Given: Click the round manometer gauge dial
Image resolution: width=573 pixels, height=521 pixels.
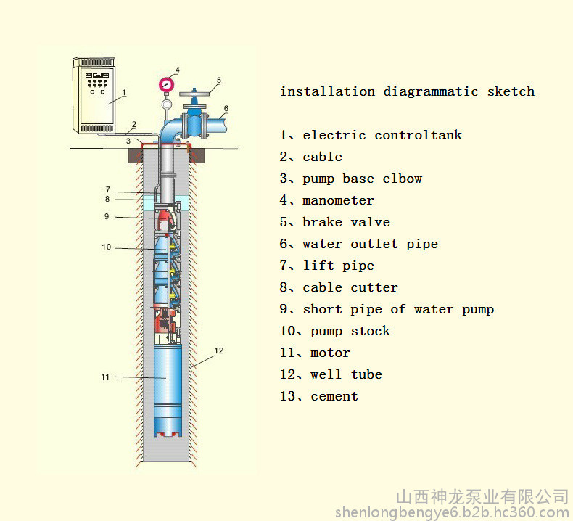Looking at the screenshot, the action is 166,85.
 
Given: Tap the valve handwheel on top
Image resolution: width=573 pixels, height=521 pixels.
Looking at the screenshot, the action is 194,93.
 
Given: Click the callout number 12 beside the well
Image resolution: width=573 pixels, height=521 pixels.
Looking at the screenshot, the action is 218,350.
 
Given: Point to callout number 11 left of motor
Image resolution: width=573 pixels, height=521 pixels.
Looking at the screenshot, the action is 105,377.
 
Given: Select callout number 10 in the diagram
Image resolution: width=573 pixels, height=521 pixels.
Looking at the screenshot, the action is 106,247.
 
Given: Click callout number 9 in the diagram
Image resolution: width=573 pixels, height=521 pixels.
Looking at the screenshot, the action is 107,216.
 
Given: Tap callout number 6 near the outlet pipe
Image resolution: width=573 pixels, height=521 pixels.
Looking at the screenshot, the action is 226,108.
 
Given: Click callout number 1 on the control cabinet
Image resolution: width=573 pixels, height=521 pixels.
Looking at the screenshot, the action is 124,92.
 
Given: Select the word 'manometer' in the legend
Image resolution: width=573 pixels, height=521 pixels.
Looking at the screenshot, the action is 338,200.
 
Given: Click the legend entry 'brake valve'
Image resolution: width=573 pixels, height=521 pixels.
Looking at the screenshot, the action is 346,222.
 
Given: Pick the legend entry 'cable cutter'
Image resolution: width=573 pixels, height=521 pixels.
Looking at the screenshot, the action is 350,287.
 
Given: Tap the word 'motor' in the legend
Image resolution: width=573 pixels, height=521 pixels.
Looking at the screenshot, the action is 330,353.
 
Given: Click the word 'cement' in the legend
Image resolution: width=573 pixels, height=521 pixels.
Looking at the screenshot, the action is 334,396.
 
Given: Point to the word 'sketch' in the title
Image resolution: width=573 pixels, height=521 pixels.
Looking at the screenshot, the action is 511,91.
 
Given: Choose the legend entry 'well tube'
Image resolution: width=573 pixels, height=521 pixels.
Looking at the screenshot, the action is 346,374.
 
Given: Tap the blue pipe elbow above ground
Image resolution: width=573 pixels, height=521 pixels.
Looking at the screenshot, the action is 169,130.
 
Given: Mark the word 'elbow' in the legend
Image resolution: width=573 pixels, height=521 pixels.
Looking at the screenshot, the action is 402,179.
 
